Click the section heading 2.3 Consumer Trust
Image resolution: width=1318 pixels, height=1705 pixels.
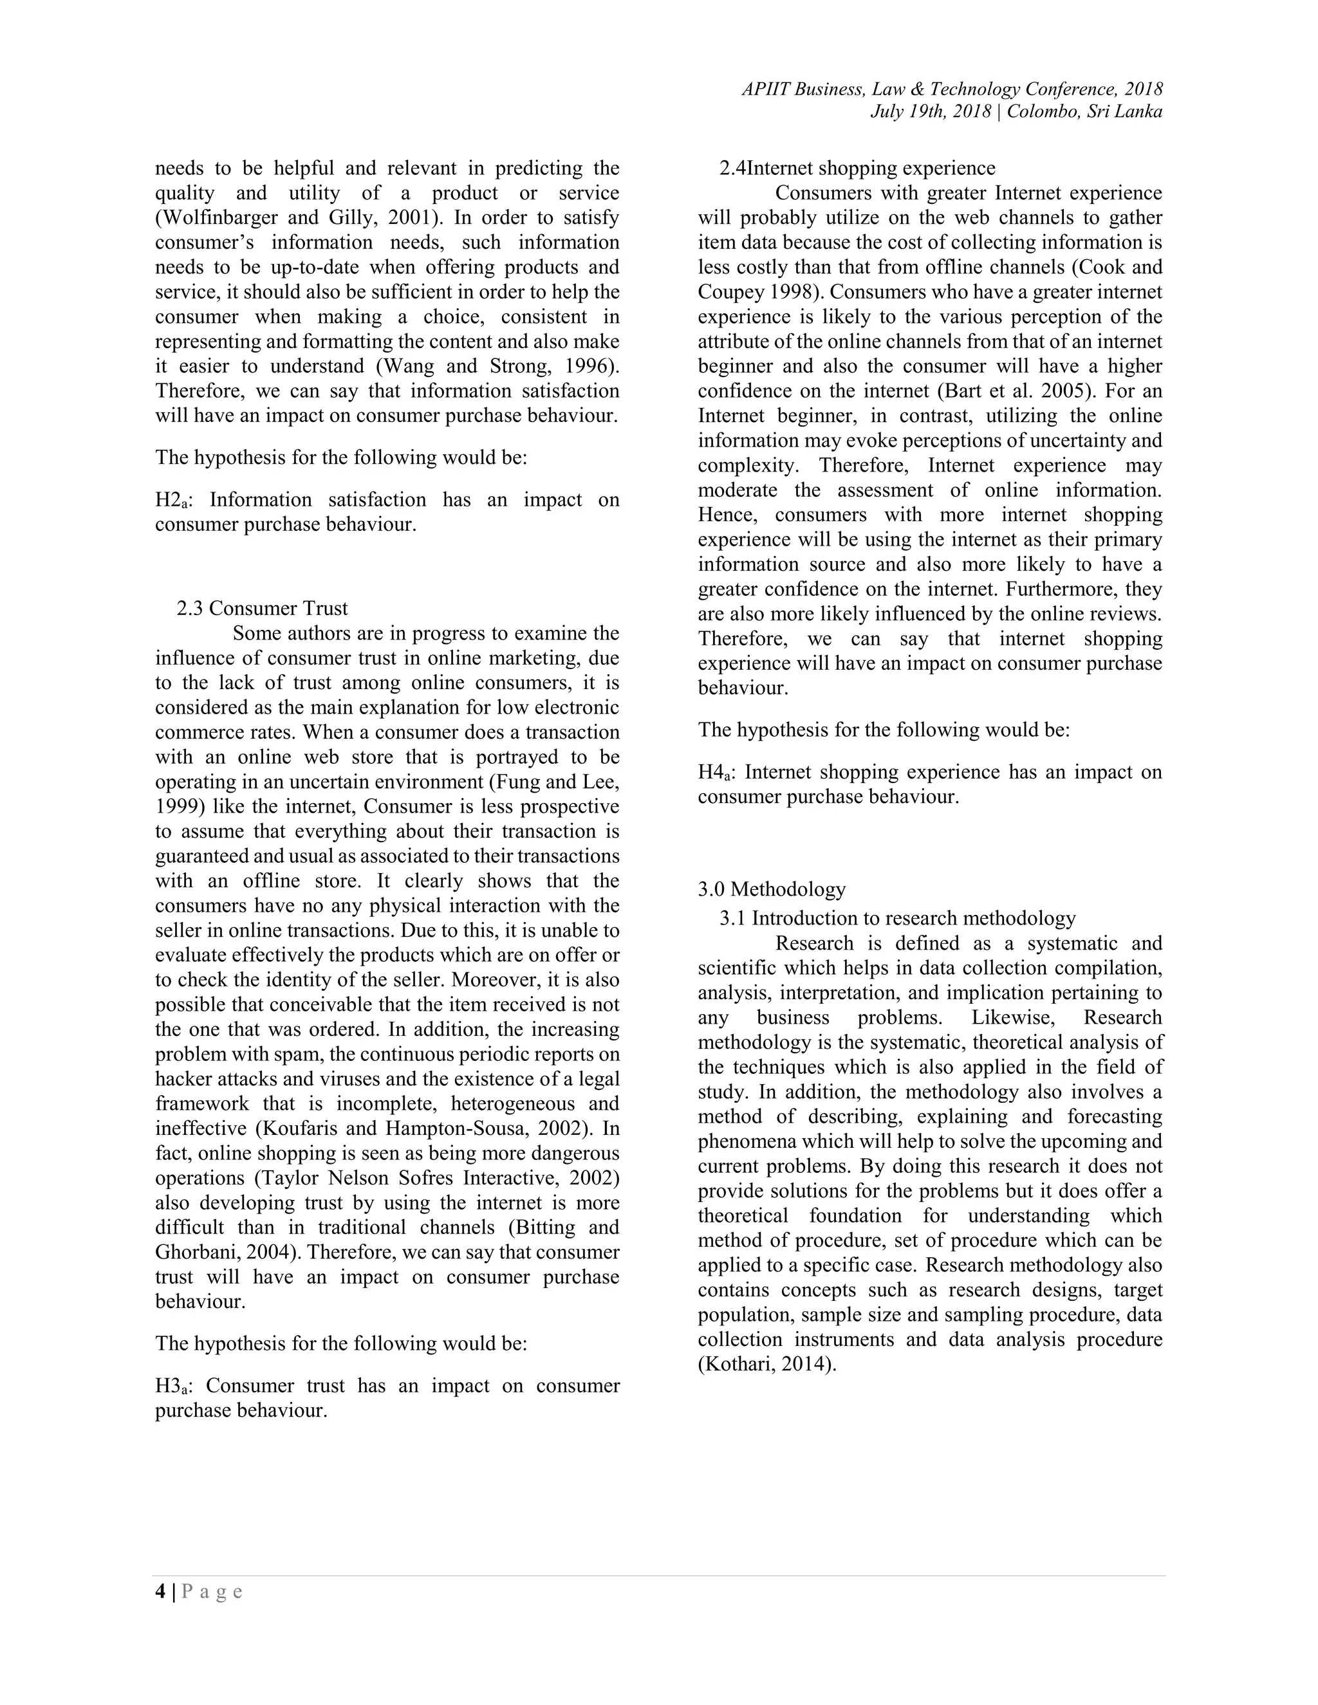263,608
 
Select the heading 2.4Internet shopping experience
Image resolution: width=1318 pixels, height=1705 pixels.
857,168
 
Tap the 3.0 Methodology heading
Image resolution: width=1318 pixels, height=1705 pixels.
772,889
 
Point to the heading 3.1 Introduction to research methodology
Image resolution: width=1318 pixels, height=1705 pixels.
897,918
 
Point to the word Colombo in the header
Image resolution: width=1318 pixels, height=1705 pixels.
1042,112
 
